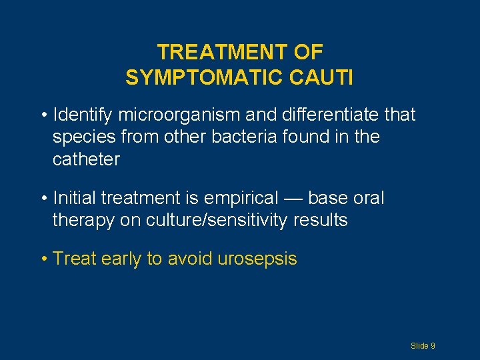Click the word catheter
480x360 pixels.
[x=86, y=159]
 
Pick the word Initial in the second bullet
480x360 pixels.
[x=74, y=198]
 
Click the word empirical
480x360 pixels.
[x=242, y=198]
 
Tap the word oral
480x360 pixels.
[x=369, y=198]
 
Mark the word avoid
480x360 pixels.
[x=189, y=259]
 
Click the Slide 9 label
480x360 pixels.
[x=423, y=345]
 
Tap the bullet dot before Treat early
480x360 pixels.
[x=43, y=259]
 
